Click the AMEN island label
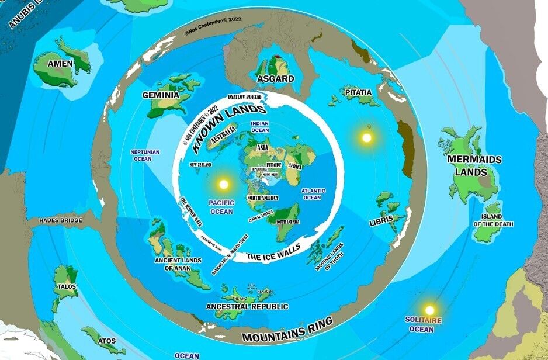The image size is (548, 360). pyautogui.click(x=60, y=64)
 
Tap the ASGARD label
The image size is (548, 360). pyautogui.click(x=275, y=78)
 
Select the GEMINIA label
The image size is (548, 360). pyautogui.click(x=161, y=95)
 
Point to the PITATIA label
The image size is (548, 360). pyautogui.click(x=358, y=92)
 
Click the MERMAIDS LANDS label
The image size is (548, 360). pyautogui.click(x=474, y=166)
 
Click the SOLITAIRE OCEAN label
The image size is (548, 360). pyautogui.click(x=424, y=324)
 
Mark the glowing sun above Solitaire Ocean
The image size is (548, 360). pyautogui.click(x=430, y=310)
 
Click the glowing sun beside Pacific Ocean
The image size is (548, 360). pyautogui.click(x=223, y=184)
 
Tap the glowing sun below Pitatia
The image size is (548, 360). pyautogui.click(x=367, y=138)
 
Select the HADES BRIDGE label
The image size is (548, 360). pyautogui.click(x=61, y=220)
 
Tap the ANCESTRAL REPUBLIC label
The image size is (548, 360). pyautogui.click(x=247, y=306)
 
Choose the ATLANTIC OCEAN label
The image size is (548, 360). pyautogui.click(x=313, y=194)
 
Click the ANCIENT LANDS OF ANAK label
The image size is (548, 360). pyautogui.click(x=178, y=264)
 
